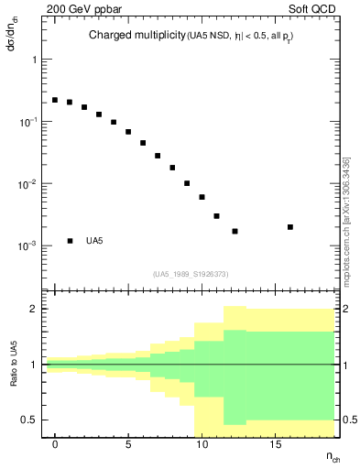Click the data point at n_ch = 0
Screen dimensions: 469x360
[55, 100]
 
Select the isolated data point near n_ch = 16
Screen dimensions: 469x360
[290, 227]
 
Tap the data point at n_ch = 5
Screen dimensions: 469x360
[128, 132]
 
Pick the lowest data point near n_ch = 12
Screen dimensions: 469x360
[235, 231]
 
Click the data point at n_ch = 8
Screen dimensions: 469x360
[172, 168]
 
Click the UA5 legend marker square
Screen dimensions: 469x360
[70, 241]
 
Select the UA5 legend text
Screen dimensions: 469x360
[94, 242]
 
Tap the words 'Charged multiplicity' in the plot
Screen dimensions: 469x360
[136, 36]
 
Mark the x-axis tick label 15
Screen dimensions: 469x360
[275, 444]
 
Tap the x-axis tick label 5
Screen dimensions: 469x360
[129, 444]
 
